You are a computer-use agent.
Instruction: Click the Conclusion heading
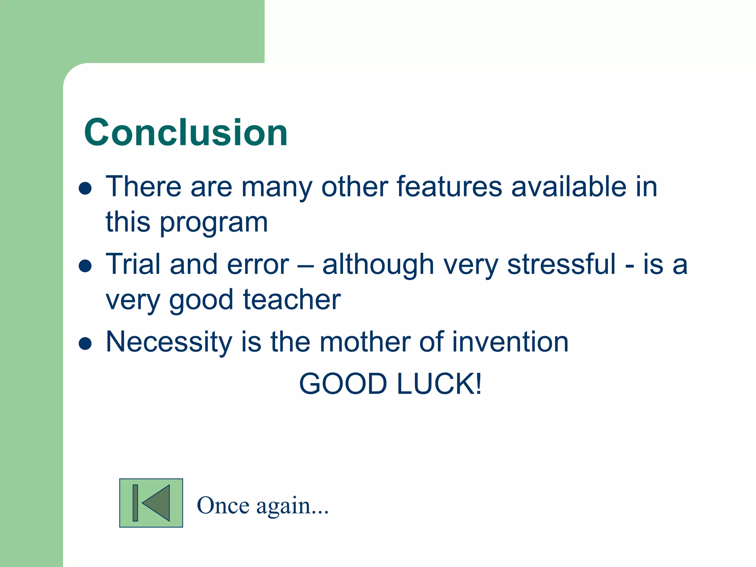tap(186, 133)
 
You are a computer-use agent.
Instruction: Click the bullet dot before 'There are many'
tap(85, 188)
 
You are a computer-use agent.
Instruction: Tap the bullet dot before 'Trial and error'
tap(85, 266)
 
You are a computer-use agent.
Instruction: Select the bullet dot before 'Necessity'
tap(85, 343)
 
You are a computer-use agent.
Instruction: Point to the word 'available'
tap(568, 187)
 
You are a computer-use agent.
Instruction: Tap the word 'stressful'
tap(561, 264)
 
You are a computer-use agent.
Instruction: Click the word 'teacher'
tap(292, 300)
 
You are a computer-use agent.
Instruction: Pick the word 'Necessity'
tap(169, 343)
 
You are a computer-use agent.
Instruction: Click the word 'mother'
tap(365, 342)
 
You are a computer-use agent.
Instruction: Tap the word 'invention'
tap(510, 342)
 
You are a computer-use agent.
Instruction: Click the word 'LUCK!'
tap(439, 384)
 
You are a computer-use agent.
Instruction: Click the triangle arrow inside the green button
tap(158, 503)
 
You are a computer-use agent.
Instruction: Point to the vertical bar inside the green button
tap(135, 503)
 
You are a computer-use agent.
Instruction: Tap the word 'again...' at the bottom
tap(292, 506)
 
